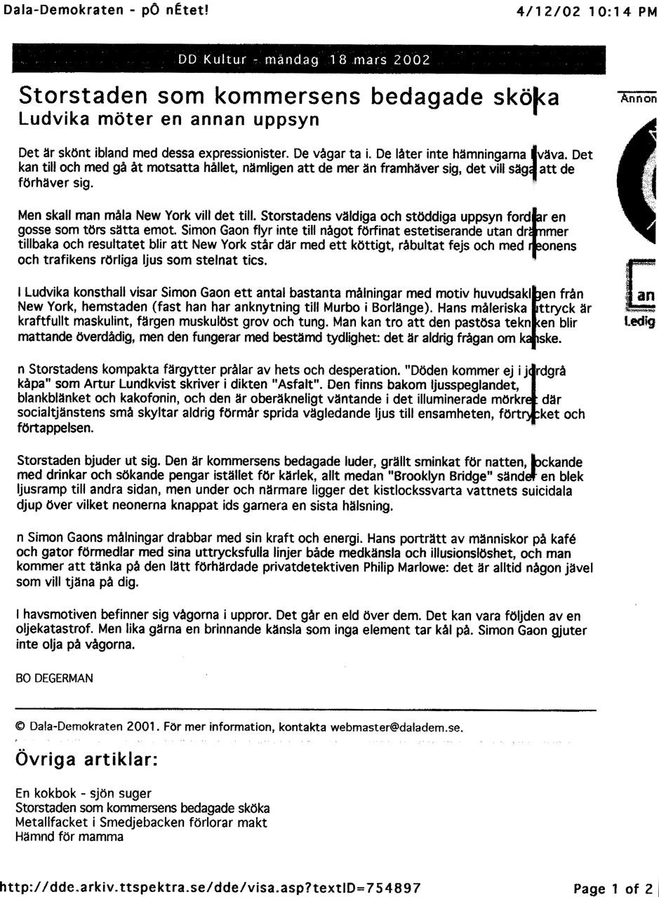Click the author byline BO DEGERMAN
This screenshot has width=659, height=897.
(54, 678)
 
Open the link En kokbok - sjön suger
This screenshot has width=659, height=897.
(83, 794)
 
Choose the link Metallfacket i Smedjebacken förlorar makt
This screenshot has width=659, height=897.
(141, 823)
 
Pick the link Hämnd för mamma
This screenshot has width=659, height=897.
(69, 837)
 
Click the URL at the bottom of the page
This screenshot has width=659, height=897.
(211, 888)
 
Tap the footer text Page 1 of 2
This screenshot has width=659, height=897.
(613, 889)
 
